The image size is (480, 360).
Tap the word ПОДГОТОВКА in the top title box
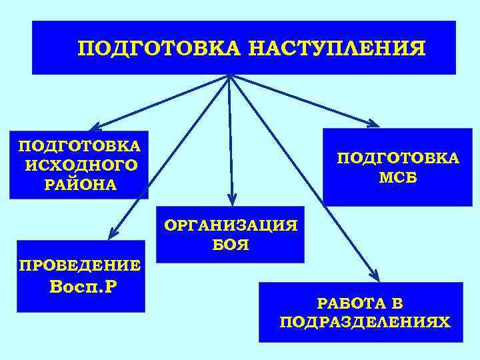click(x=159, y=49)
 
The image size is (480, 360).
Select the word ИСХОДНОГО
click(x=81, y=165)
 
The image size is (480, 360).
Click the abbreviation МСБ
click(x=398, y=178)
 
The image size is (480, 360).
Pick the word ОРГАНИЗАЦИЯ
click(x=231, y=225)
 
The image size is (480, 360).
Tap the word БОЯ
click(x=231, y=245)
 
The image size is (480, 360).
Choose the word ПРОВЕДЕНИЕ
click(x=80, y=265)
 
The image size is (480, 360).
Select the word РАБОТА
click(x=350, y=304)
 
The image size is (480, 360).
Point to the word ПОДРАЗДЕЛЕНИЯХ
click(x=365, y=323)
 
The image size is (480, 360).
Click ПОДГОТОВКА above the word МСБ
click(x=398, y=158)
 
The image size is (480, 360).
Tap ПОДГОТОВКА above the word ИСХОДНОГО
click(x=80, y=146)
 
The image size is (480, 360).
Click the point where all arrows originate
click(x=229, y=75)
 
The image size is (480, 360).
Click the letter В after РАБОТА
click(x=397, y=304)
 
